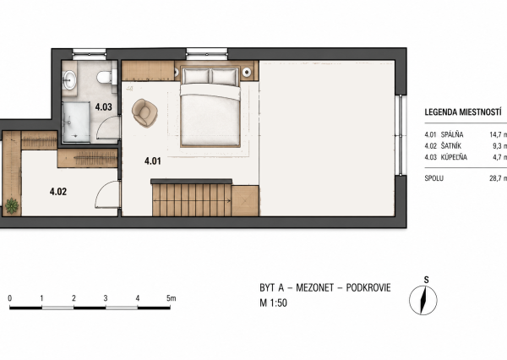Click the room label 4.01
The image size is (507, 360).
(x=153, y=161)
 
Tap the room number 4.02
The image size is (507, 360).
(x=58, y=192)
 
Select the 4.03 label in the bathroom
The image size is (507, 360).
(x=103, y=107)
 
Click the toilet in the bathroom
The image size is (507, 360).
(x=104, y=77)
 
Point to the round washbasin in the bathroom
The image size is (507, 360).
(x=69, y=79)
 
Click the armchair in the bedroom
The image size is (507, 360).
(x=144, y=112)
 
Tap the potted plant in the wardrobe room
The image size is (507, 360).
(x=12, y=206)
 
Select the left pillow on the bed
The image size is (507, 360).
(x=196, y=76)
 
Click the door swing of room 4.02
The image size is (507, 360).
(x=107, y=195)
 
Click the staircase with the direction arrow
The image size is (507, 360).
(x=192, y=199)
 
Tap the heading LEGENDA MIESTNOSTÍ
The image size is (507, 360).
(x=463, y=112)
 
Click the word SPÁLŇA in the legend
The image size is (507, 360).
(x=452, y=134)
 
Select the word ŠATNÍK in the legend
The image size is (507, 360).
(x=451, y=146)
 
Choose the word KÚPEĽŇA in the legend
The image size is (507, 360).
(x=454, y=157)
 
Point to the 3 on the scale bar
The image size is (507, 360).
(x=106, y=298)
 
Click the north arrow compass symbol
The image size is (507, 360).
(x=423, y=300)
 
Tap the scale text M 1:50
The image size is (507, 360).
(x=273, y=303)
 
